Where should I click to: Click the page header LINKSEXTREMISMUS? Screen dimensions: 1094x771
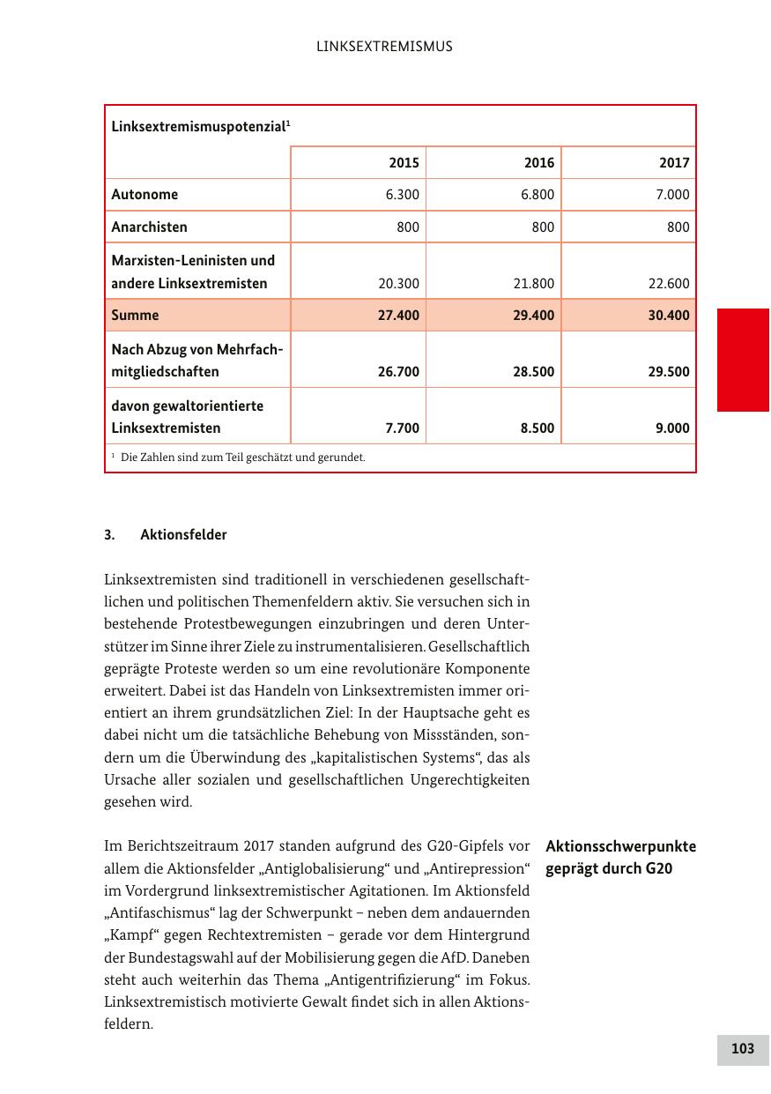(384, 47)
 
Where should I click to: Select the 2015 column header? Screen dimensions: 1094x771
(404, 163)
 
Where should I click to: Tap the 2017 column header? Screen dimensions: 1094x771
(674, 163)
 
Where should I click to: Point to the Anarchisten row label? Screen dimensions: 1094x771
(149, 227)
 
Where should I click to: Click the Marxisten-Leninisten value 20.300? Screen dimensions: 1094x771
(398, 284)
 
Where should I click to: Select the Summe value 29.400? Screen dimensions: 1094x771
(534, 316)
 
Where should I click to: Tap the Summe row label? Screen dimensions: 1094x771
(135, 316)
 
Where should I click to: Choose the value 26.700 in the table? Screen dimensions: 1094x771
(398, 372)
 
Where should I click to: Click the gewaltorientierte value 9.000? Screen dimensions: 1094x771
(671, 428)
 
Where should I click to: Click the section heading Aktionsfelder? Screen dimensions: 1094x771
(183, 535)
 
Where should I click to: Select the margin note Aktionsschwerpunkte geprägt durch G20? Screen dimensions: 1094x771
(620, 857)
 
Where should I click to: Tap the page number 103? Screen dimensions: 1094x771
(743, 1049)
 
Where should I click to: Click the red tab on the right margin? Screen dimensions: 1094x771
(743, 360)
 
